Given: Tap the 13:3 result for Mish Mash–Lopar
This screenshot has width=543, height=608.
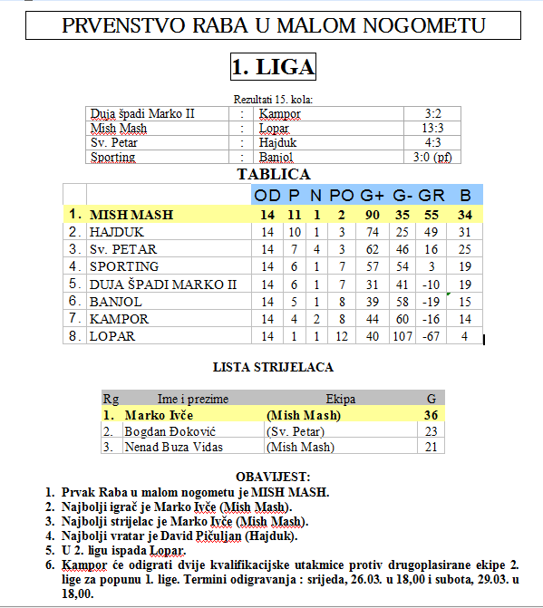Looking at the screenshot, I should pos(432,129).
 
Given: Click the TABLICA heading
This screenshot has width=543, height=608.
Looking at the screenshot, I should pos(273,174).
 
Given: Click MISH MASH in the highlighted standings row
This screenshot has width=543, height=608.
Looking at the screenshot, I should pos(131,215).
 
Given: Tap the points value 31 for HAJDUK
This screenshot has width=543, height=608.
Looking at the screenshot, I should pos(465,232).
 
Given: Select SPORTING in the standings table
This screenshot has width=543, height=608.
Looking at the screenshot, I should pos(124,266).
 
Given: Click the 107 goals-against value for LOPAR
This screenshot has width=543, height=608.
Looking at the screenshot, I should pos(400,336).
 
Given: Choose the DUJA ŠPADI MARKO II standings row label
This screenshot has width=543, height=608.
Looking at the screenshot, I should pos(162,284).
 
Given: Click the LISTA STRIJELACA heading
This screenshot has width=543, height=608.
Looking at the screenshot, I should pos(273,367).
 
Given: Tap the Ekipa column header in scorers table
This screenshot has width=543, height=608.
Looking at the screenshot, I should pos(340,399).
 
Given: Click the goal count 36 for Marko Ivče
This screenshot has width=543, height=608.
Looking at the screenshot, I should pos(431,415).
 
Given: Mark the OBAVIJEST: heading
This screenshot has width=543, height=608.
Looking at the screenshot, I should pos(273,477).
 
